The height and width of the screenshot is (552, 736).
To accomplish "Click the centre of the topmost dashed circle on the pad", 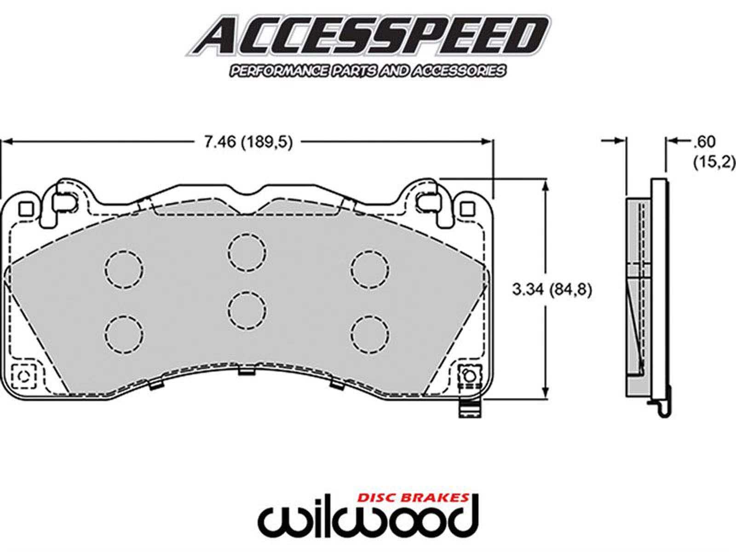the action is pos(247,253).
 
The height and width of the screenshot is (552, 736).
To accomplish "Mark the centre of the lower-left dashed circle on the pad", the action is pos(124,334).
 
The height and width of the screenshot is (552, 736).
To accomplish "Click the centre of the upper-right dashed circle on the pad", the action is pos(370,270).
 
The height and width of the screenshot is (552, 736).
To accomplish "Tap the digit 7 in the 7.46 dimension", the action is pos(208,143).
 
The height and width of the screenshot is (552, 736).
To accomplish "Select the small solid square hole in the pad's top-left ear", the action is pos(26,209).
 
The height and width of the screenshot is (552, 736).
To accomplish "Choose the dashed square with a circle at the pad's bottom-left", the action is pos(23,377).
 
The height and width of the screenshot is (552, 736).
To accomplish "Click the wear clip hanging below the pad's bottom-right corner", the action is pos(470,408).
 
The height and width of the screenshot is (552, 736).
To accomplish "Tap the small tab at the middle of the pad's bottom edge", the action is pos(247,371).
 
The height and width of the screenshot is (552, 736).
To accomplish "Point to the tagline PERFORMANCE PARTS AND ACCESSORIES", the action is pos(368,71).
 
